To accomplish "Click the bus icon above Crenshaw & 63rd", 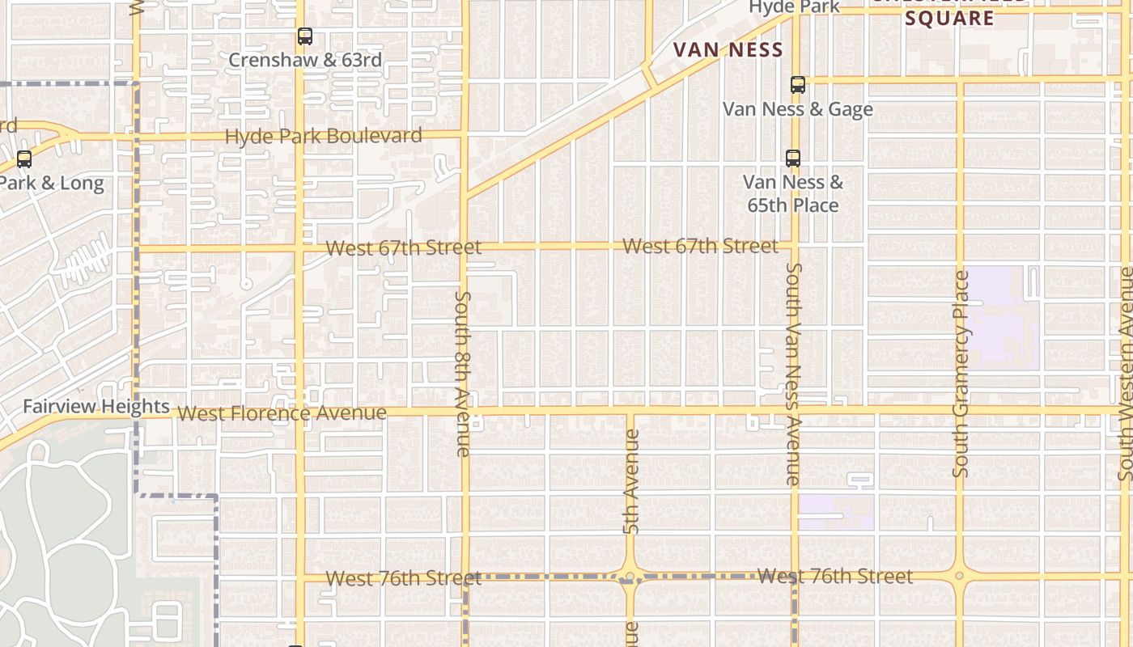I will (304, 36).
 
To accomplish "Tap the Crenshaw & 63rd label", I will (305, 61).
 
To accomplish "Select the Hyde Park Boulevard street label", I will (324, 136).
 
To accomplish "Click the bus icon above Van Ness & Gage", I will (797, 85).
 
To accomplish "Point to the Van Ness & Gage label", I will (797, 108).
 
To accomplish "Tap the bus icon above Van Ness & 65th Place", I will (792, 159).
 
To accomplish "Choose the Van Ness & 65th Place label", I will (793, 194).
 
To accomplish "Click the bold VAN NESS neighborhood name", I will (728, 50).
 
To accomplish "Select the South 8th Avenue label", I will (463, 374).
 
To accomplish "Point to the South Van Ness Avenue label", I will (793, 374).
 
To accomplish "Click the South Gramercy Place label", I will (961, 374).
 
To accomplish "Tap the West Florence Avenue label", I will (282, 413).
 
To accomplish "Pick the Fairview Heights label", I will (95, 406).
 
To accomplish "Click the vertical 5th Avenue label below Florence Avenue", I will (631, 481).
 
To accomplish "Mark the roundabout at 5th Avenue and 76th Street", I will (630, 577).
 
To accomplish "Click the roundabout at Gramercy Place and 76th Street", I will (959, 576).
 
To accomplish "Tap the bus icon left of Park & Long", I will (24, 159).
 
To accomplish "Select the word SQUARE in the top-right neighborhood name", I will (949, 19).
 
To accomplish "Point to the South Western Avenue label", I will (1125, 374).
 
